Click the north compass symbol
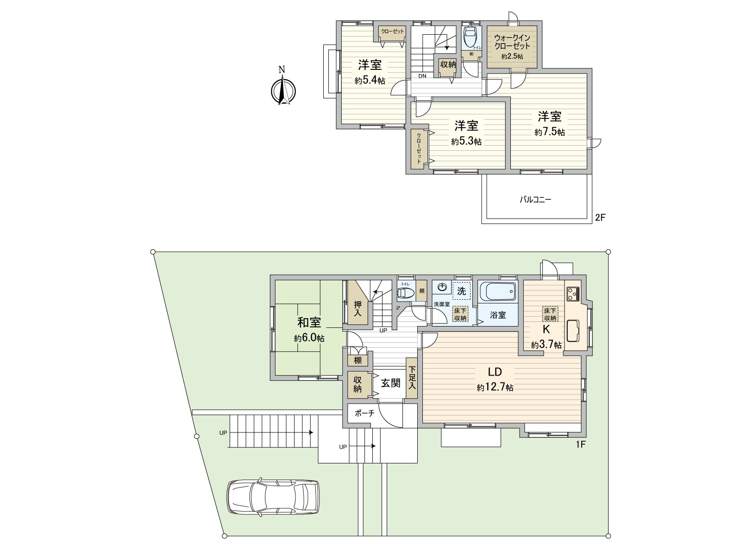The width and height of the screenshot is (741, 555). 283,89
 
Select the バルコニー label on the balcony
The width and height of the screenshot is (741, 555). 535,199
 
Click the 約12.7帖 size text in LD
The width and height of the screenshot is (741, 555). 495,387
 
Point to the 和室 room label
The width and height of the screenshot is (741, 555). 309,322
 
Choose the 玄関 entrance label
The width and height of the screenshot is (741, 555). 390,383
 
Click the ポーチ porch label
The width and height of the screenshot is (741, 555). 364,413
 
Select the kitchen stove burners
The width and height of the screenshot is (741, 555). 573,294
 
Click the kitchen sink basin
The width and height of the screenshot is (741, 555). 572,331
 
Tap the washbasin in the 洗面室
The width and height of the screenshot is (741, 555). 442,287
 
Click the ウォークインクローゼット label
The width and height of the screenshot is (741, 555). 512,42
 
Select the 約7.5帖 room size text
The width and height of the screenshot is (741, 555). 550,132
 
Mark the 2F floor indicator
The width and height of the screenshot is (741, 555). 600,217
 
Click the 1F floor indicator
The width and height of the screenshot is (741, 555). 581,444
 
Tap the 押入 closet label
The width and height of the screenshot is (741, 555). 358,308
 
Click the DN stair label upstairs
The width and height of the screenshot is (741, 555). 422,76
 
